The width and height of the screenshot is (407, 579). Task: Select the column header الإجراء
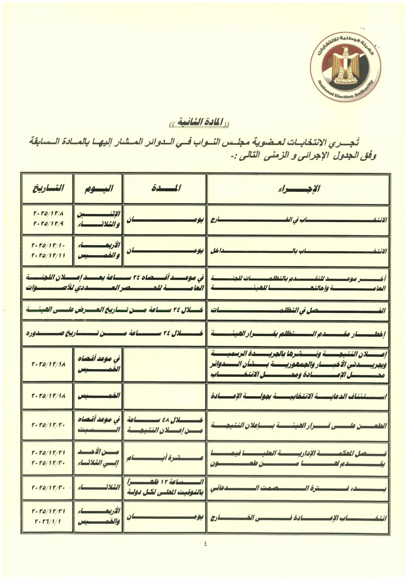click(x=298, y=189)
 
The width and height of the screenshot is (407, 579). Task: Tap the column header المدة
click(x=165, y=189)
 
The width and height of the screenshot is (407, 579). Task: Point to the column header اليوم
click(x=98, y=189)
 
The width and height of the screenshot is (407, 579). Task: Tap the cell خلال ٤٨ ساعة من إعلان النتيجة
click(x=165, y=425)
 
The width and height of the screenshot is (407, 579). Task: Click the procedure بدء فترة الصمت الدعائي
click(x=298, y=488)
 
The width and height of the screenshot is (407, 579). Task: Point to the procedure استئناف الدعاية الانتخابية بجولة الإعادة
click(x=298, y=396)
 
